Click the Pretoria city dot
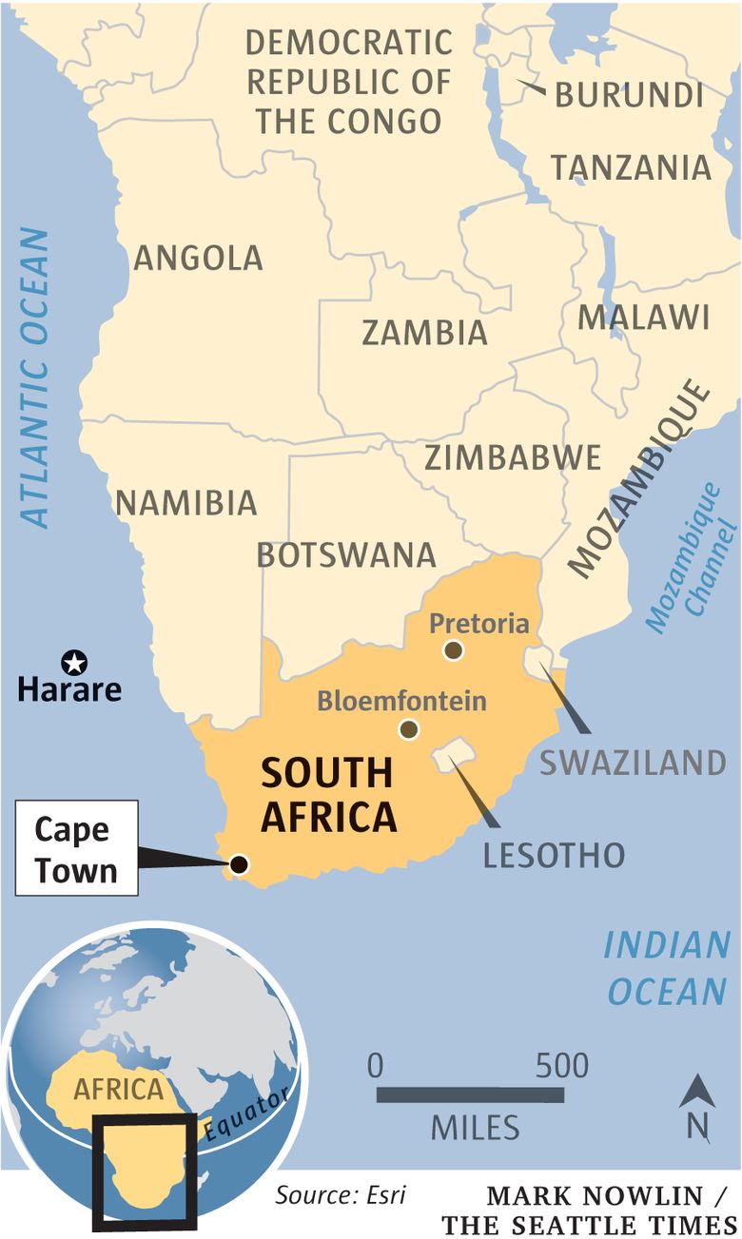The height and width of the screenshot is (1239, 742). [454, 650]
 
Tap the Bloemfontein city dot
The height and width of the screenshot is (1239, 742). [409, 729]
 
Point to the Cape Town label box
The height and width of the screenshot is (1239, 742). [76, 848]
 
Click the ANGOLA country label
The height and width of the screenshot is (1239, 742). [198, 258]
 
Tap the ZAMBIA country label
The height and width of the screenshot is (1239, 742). [424, 333]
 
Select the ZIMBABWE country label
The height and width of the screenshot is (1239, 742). [513, 457]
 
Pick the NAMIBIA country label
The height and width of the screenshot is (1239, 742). [186, 503]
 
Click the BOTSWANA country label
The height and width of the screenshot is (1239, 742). [346, 555]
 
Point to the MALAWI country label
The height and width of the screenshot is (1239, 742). [644, 318]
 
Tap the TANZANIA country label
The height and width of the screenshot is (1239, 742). [632, 168]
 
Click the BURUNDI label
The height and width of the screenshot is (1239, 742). [629, 95]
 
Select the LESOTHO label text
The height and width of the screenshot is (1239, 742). [554, 854]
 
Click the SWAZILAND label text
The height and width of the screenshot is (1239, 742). [633, 763]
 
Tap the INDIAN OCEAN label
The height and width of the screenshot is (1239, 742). [667, 968]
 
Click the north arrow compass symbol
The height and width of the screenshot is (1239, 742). [697, 1106]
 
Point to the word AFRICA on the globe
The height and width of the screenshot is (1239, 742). [119, 1089]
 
